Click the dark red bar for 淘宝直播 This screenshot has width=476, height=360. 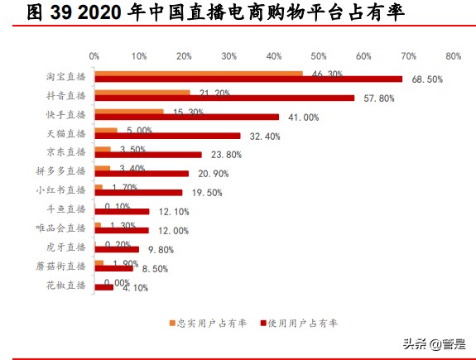pyautogui.click(x=248, y=79)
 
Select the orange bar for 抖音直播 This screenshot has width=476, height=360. pyautogui.click(x=142, y=92)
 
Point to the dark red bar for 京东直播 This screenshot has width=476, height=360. pyautogui.click(x=148, y=155)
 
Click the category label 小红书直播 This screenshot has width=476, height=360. pyautogui.click(x=63, y=190)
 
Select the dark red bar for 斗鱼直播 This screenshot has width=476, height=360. pyautogui.click(x=122, y=212)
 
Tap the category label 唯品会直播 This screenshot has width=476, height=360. pyautogui.click(x=63, y=228)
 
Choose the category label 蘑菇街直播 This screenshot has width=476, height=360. pyautogui.click(x=63, y=266)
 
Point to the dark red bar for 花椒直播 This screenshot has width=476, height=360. pyautogui.click(x=104, y=287)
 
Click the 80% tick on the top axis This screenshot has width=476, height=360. pyautogui.click(x=453, y=56)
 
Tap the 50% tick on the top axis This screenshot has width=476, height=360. pyautogui.click(x=319, y=56)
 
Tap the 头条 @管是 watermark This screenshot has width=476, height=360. pyautogui.click(x=434, y=343)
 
